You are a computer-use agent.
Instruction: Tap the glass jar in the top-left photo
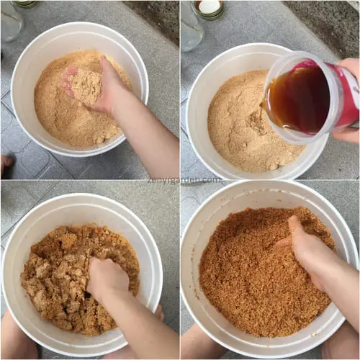tap(10, 22)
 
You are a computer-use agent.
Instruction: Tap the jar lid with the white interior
tap(210, 7)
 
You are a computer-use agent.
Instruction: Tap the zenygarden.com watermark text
tap(192, 180)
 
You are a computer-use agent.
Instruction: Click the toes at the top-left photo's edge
tap(5, 164)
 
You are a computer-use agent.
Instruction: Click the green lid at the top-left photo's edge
tap(25, 4)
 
